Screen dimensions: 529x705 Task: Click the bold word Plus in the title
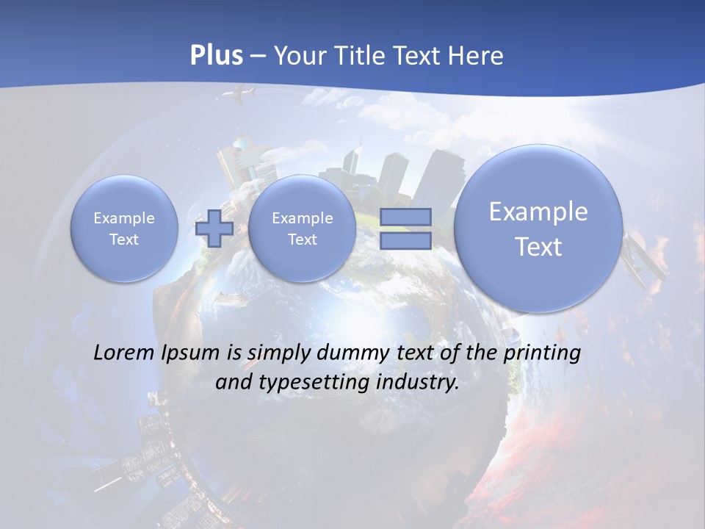click(216, 56)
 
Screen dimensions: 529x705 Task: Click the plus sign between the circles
click(214, 228)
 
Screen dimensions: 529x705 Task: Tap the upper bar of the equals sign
click(405, 217)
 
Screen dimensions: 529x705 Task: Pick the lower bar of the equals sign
click(405, 241)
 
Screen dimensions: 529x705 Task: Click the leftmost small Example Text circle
click(124, 228)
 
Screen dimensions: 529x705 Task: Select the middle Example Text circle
click(302, 228)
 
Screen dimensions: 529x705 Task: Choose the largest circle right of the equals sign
click(538, 228)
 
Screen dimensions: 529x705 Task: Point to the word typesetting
click(310, 383)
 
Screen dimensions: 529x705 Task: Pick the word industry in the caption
click(417, 383)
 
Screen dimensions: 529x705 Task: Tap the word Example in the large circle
click(538, 212)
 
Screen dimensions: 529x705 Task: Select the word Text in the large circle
click(538, 247)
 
